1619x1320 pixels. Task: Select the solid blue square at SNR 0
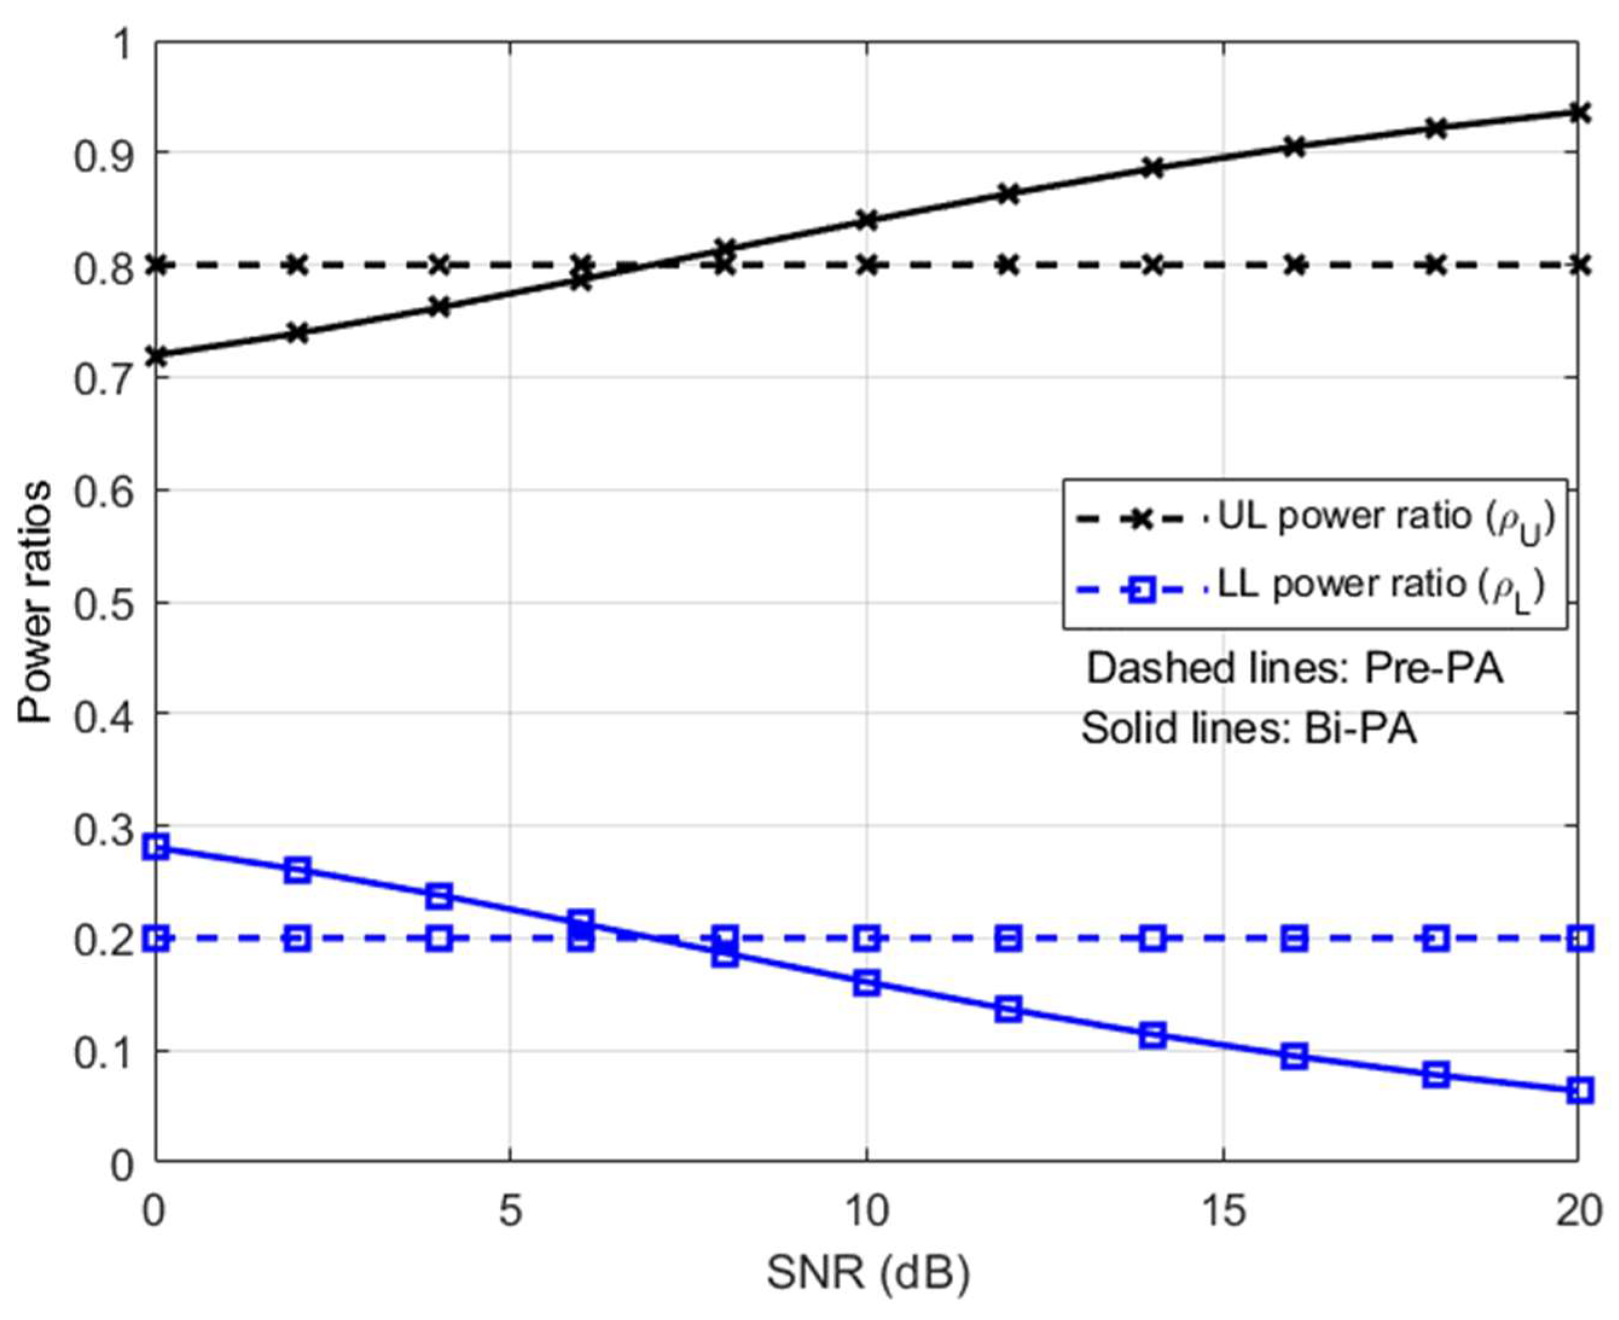coord(156,847)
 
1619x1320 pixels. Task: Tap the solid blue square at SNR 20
coord(1580,1091)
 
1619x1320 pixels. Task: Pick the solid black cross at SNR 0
coord(156,356)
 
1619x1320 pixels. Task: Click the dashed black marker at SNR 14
coord(1153,265)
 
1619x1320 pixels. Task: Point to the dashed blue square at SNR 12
coord(1008,939)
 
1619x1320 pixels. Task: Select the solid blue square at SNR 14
coord(1153,1035)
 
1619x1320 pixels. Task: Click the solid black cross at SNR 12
coord(1008,194)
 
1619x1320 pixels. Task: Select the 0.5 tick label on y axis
coord(103,603)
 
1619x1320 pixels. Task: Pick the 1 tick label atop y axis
coord(121,44)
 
